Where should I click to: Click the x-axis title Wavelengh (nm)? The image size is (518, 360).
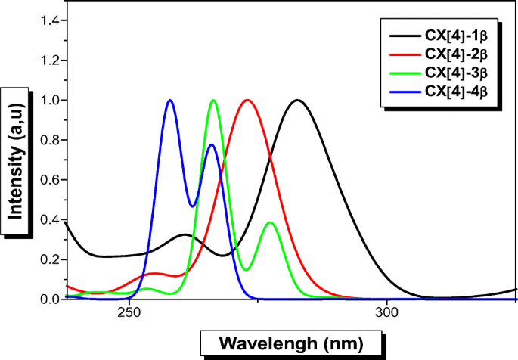(x=290, y=344)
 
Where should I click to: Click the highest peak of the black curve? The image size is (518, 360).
(x=297, y=100)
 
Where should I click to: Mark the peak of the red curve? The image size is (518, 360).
(x=246, y=100)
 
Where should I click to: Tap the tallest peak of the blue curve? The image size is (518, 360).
(x=170, y=100)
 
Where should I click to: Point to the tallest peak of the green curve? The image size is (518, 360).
(x=213, y=100)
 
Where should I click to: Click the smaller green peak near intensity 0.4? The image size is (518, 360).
(x=270, y=222)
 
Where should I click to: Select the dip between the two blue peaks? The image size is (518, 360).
(x=194, y=206)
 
